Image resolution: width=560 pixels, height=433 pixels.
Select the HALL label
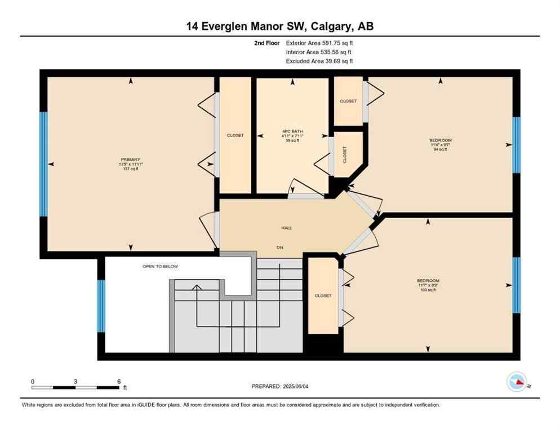(x=286, y=228)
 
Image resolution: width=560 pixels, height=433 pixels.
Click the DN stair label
(x=279, y=248)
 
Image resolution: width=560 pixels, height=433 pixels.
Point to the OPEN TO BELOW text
(x=160, y=266)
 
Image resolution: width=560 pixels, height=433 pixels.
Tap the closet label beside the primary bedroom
(x=235, y=135)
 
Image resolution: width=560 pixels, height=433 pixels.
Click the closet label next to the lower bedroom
(x=323, y=295)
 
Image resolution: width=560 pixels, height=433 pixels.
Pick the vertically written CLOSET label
(x=345, y=154)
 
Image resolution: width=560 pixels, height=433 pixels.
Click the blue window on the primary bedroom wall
(x=43, y=164)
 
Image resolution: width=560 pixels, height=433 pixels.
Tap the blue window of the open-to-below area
(x=101, y=306)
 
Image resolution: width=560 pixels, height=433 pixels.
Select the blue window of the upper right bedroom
(x=516, y=145)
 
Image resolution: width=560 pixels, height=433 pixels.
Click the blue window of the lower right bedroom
(x=516, y=285)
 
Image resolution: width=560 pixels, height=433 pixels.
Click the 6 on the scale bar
(x=119, y=381)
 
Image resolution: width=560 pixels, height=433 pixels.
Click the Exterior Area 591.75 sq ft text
(x=319, y=42)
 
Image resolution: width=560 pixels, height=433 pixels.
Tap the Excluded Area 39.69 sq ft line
(x=319, y=61)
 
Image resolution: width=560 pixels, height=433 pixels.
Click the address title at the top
(x=280, y=26)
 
